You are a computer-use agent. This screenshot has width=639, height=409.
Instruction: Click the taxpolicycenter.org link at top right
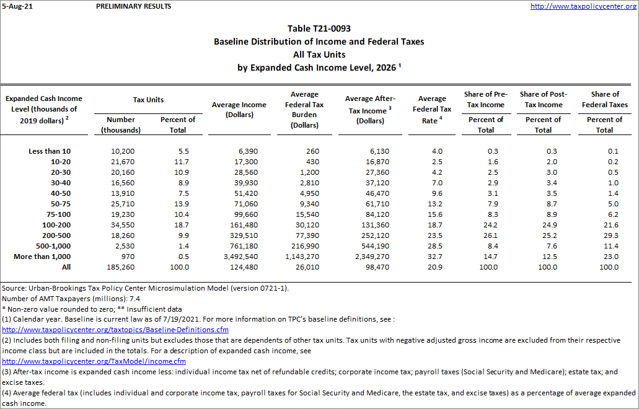583,6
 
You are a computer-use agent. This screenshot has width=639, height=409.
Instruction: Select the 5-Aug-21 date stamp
17,6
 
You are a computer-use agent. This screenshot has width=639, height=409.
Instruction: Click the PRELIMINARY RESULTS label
134,6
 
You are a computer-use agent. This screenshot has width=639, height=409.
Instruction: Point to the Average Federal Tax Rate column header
432,110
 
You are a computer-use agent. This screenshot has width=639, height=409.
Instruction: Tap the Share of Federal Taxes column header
604,99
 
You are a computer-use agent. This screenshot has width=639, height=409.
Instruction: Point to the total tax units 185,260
118,267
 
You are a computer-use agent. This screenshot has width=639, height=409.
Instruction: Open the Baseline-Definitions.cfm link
115,330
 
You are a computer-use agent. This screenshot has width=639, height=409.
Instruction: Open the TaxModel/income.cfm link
94,361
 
